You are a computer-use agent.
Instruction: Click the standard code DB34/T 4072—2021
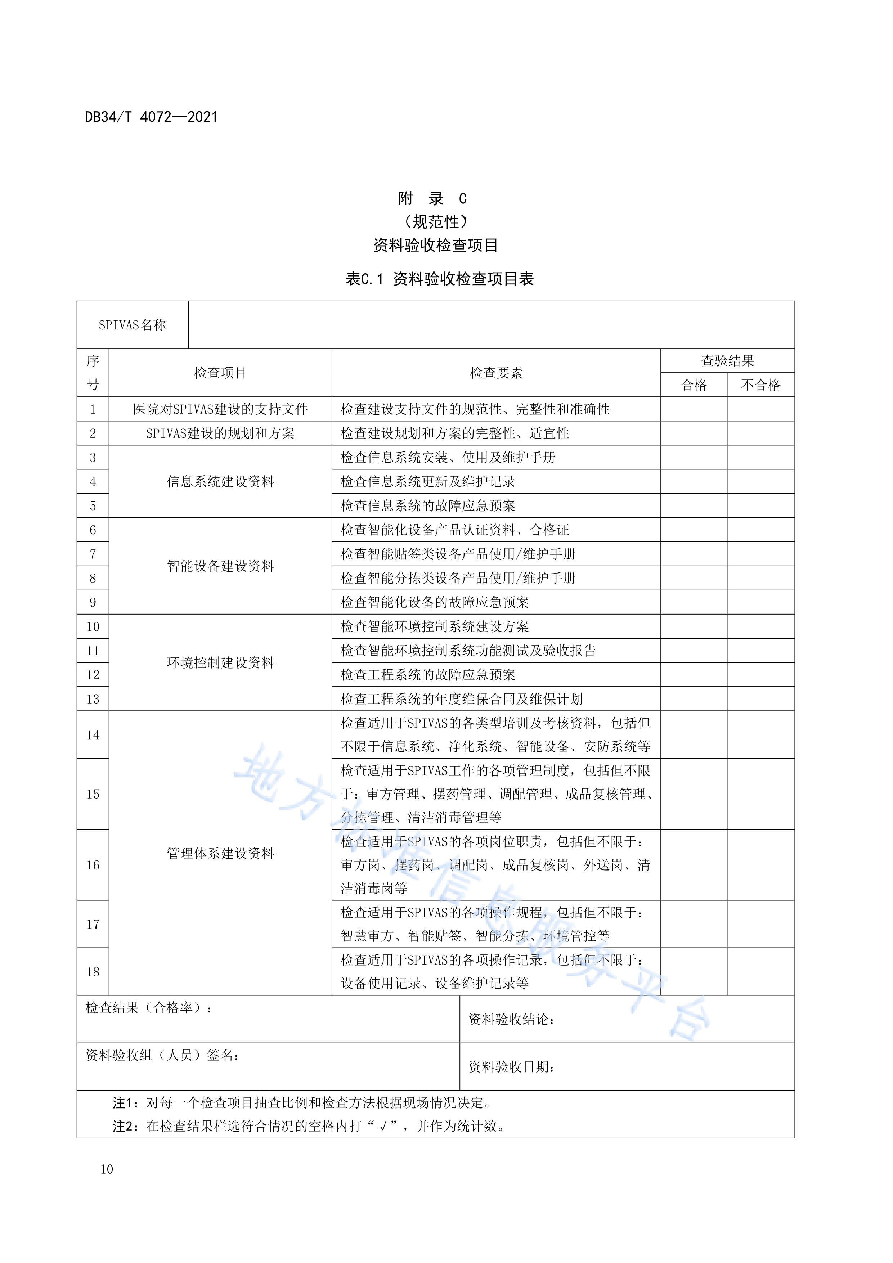[x=151, y=117]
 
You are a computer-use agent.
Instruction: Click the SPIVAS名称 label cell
[x=132, y=325]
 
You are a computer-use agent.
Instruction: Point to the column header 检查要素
[x=496, y=373]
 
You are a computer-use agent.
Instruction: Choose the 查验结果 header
[x=727, y=361]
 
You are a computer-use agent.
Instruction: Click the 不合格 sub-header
[x=760, y=385]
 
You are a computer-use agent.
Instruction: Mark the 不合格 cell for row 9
[x=760, y=602]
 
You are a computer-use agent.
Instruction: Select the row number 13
[x=93, y=699]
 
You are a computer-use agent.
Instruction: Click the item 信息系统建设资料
[x=220, y=482]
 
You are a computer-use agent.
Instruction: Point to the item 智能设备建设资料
[x=220, y=566]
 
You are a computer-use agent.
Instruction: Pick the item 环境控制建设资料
[x=220, y=663]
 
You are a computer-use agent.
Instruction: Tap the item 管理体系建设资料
[x=220, y=853]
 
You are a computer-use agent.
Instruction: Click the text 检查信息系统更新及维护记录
[x=427, y=482]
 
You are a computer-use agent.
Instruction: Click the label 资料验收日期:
[x=511, y=1067]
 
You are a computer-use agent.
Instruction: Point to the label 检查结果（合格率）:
[x=149, y=1008]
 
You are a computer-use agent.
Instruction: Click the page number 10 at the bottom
[x=107, y=1169]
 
